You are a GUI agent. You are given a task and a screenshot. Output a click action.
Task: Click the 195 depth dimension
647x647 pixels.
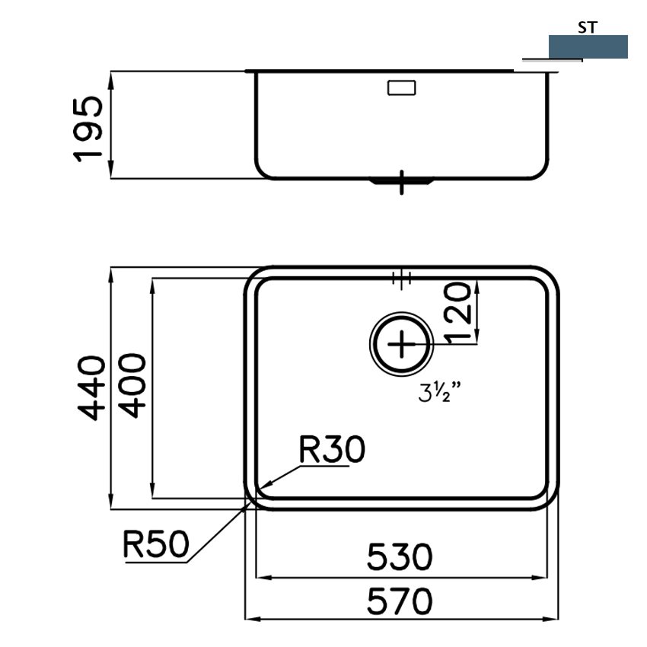click(88, 129)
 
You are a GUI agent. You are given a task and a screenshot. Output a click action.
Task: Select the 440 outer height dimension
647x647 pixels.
click(91, 388)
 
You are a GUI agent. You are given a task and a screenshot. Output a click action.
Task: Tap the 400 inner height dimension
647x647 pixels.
click(132, 385)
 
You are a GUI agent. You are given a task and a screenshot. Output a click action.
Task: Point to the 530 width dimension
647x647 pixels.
click(400, 557)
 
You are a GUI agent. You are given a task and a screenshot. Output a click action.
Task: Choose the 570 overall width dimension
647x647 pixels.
click(400, 601)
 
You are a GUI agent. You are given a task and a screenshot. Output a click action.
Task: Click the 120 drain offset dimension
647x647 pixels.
click(457, 313)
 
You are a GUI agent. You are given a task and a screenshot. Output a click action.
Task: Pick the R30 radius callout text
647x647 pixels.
click(332, 449)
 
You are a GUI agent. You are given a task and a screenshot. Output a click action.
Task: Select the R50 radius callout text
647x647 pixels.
click(156, 543)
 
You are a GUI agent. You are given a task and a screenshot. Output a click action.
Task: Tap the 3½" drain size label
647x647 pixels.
click(439, 392)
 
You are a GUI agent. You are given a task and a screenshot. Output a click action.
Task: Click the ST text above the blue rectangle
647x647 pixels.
click(587, 27)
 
